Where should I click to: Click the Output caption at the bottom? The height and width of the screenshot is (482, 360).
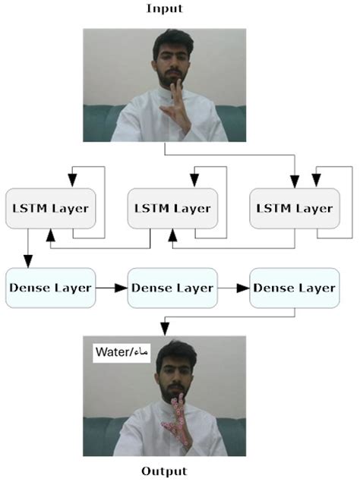point(165,471)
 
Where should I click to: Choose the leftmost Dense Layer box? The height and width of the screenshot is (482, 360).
point(50,288)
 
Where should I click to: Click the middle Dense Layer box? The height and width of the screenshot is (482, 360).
point(172,288)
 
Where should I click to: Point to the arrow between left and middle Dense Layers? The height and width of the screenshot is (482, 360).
point(111,288)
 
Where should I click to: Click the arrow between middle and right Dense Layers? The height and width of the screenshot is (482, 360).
point(233,288)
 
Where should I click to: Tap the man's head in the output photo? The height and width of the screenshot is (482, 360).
point(173,368)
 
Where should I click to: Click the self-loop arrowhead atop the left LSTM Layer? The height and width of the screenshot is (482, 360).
point(72,181)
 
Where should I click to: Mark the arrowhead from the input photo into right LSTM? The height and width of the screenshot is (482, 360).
point(293,181)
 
